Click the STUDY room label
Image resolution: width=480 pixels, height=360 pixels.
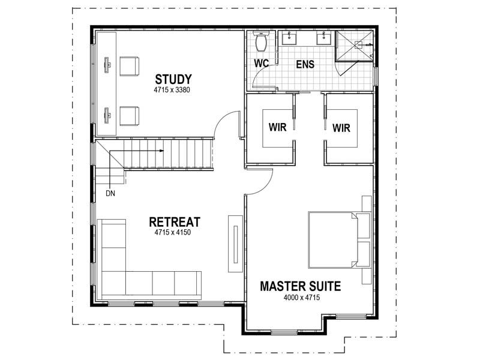pyautogui.click(x=173, y=79)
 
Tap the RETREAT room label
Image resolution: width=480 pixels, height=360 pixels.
pyautogui.click(x=175, y=222)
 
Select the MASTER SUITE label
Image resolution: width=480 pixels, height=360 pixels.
pyautogui.click(x=301, y=286)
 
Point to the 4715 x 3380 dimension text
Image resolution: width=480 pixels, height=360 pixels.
pyautogui.click(x=172, y=90)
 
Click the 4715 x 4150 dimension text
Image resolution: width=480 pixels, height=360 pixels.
pyautogui.click(x=172, y=232)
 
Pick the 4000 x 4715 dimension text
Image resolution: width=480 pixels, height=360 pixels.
pyautogui.click(x=302, y=297)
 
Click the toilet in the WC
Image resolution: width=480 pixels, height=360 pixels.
pyautogui.click(x=261, y=41)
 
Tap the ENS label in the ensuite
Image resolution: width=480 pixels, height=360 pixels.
pyautogui.click(x=305, y=64)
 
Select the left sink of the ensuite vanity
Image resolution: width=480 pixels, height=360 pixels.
pyautogui.click(x=289, y=38)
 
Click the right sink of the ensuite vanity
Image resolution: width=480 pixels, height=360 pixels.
pyautogui.click(x=323, y=38)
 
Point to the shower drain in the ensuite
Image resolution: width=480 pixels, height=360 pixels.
pyautogui.click(x=358, y=45)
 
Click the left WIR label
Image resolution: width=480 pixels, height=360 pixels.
pyautogui.click(x=277, y=127)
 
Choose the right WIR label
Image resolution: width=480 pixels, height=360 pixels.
pyautogui.click(x=341, y=128)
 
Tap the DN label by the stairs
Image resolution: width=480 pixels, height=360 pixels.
pyautogui.click(x=110, y=193)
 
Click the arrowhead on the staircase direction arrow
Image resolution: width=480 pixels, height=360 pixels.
pyautogui.click(x=161, y=151)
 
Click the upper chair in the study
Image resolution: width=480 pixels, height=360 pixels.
pyautogui.click(x=129, y=66)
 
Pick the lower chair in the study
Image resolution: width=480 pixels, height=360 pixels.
pyautogui.click(x=129, y=116)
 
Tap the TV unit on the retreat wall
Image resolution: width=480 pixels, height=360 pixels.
pyautogui.click(x=235, y=244)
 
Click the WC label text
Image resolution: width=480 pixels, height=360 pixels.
pyautogui.click(x=261, y=64)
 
